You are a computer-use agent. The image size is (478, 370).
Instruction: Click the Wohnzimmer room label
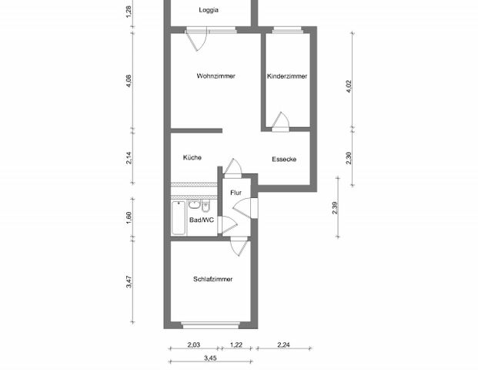click(216, 76)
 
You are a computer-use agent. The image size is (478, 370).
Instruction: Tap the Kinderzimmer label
click(287, 76)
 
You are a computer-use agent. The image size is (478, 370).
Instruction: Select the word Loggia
click(208, 10)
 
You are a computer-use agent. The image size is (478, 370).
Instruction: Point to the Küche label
click(192, 157)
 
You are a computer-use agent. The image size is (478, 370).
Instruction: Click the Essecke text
click(284, 160)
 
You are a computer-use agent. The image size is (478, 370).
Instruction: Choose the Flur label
click(236, 192)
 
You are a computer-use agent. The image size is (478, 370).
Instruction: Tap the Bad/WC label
click(202, 220)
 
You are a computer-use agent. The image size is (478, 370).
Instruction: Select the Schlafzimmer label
click(213, 279)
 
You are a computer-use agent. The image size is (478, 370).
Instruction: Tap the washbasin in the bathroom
click(194, 205)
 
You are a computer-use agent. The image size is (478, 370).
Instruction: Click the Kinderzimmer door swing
click(282, 120)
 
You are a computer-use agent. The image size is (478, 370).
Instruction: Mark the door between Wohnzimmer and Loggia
click(198, 39)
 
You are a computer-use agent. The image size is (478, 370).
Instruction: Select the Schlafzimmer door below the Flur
click(240, 246)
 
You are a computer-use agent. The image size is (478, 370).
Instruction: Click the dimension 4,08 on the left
click(129, 81)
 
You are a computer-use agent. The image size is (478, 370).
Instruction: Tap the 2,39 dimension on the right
click(336, 208)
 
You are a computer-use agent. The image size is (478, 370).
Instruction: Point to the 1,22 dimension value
click(237, 345)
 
